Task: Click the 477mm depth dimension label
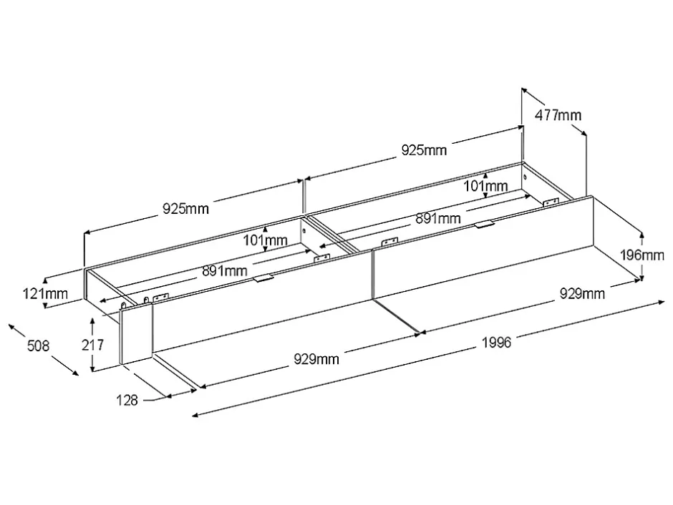click(558, 115)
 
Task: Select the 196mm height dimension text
click(642, 255)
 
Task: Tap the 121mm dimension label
click(45, 294)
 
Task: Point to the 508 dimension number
click(38, 345)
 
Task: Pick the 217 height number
click(92, 345)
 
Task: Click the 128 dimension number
click(127, 401)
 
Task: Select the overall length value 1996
click(497, 343)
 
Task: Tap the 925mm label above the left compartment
click(185, 209)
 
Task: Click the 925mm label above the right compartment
click(424, 150)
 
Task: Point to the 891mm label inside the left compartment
click(225, 271)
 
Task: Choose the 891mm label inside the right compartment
click(437, 218)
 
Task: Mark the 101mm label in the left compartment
click(265, 240)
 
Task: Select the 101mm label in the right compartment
click(485, 186)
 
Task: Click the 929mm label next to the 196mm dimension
click(583, 294)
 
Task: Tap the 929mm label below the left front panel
click(316, 359)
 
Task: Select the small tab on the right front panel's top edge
click(484, 224)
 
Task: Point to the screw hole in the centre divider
click(304, 230)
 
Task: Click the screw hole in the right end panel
click(525, 177)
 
